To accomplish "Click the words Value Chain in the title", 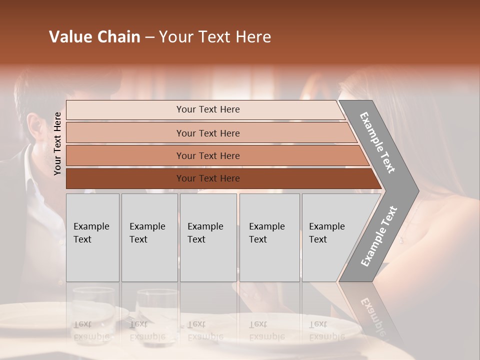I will [x=94, y=37].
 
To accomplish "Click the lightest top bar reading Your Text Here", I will [x=207, y=109].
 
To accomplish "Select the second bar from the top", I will [x=207, y=133].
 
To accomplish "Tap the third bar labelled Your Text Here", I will [x=207, y=155].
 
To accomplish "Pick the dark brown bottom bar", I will [x=207, y=178].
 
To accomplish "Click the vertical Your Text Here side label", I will [x=57, y=143].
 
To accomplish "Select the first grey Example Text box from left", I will [x=92, y=237].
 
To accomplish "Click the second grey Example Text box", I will [x=149, y=237].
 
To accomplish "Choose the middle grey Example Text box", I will [x=208, y=237].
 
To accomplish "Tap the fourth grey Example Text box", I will [x=269, y=237].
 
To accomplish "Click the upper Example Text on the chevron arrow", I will [x=377, y=142].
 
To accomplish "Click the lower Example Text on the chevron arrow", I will [x=378, y=236].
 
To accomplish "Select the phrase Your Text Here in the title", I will [x=215, y=37].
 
